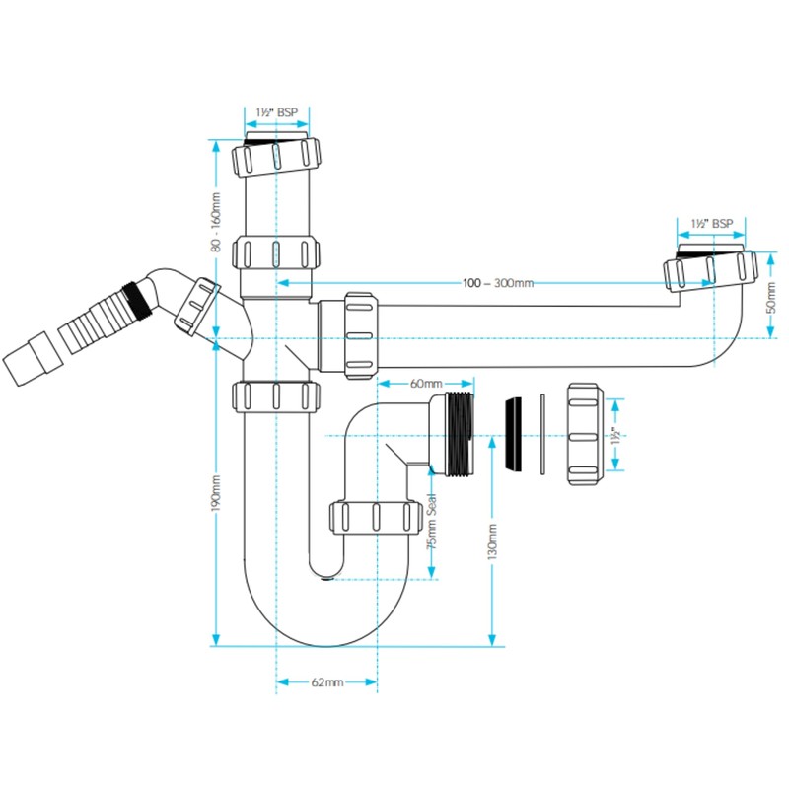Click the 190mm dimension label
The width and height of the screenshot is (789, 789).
[216, 493]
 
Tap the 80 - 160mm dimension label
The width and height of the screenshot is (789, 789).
[216, 221]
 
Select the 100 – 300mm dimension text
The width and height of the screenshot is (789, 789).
[498, 283]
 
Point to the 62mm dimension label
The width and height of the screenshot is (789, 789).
[327, 682]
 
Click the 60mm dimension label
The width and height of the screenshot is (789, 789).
[426, 384]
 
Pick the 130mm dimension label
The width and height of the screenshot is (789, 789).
[492, 541]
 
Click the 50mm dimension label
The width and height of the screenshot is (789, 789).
[770, 297]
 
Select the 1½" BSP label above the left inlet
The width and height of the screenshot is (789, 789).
[277, 112]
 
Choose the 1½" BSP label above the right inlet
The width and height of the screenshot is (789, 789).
[711, 223]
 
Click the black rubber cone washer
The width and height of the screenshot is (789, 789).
[513, 434]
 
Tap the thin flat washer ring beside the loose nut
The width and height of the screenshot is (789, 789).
[542, 434]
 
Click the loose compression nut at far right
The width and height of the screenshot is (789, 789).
[583, 434]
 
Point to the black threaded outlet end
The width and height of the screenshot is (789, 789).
[460, 434]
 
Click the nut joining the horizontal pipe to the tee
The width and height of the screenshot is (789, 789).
[360, 335]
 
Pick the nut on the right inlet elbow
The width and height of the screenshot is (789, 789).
[710, 270]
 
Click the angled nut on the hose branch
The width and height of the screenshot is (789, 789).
[196, 306]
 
